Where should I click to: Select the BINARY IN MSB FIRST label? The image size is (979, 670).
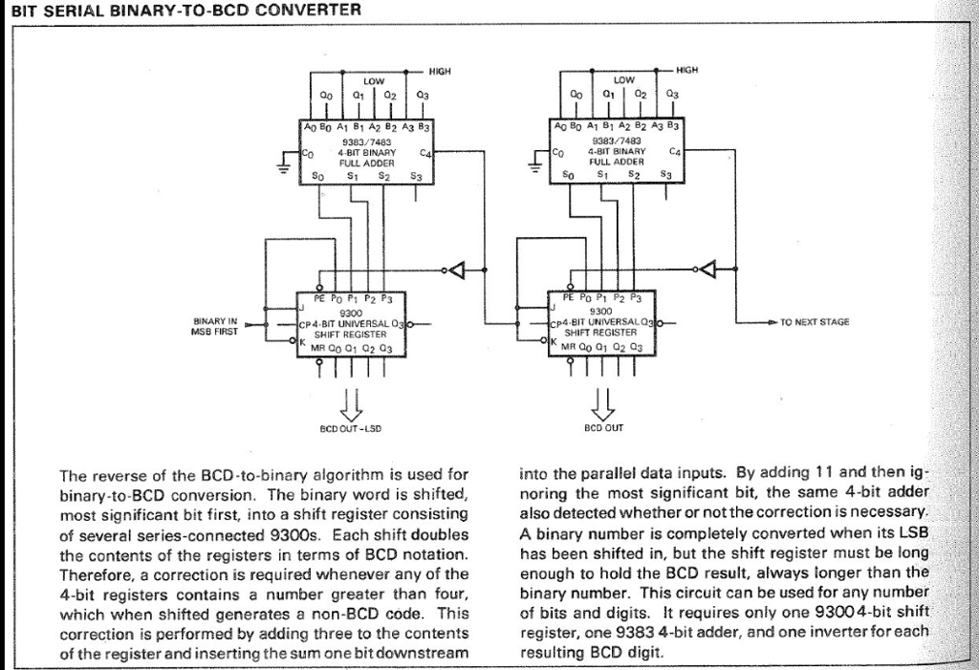pos(215,327)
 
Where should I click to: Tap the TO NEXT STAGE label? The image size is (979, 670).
pos(815,323)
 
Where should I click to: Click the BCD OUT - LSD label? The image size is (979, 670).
pos(350,429)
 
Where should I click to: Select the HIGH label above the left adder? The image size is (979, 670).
pos(439,71)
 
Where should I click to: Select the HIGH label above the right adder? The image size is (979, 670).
pos(687,70)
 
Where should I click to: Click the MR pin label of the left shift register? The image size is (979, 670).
pos(316,349)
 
